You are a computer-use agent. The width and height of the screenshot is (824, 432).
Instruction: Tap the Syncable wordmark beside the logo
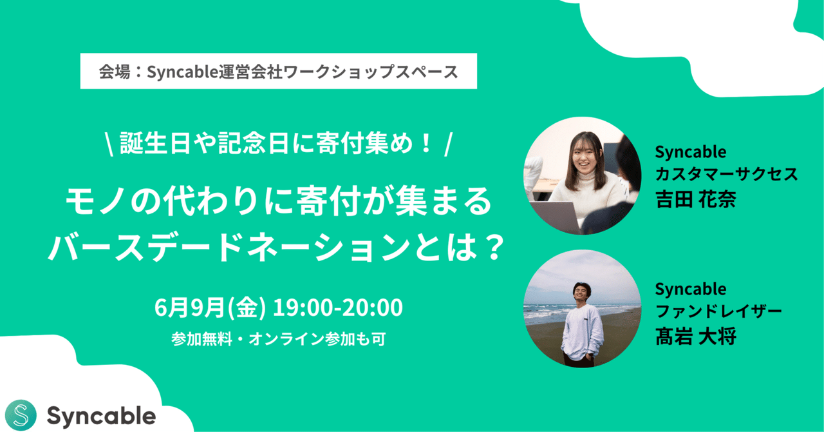click(x=101, y=416)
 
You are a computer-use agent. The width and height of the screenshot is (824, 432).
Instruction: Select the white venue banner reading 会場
click(x=278, y=71)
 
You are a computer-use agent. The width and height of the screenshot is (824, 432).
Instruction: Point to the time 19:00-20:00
click(x=338, y=308)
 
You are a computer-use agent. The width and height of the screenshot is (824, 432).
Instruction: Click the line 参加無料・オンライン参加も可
click(x=278, y=339)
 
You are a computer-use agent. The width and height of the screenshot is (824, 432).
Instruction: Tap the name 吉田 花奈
click(x=695, y=198)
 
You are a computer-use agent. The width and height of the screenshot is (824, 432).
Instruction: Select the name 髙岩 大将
click(x=695, y=336)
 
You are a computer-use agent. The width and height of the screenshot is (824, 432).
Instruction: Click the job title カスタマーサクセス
click(x=726, y=173)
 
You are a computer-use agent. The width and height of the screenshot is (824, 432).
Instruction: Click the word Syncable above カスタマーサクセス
click(x=690, y=152)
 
